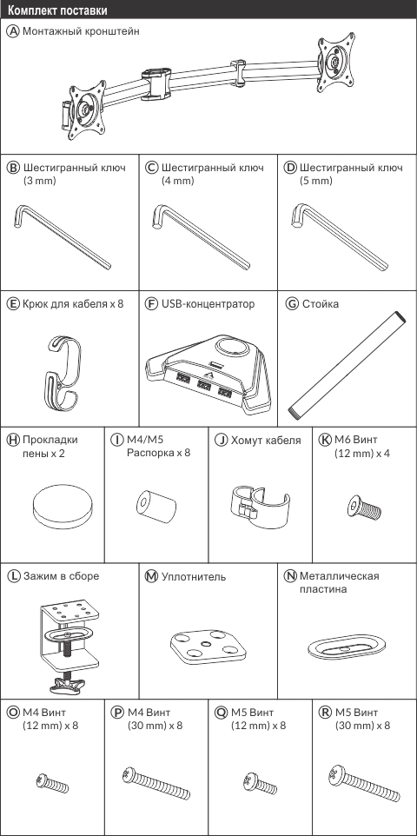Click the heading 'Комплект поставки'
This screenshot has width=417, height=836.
57,10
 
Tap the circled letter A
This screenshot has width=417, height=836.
14,31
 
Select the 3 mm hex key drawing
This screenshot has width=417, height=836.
63,236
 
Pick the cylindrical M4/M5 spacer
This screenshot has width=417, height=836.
156,507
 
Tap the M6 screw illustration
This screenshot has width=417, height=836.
364,507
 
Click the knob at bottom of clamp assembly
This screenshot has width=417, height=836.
68,684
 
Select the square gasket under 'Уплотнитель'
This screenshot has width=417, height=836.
208,647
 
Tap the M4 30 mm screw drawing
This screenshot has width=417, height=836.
156,783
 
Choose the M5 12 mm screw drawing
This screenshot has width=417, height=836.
260,783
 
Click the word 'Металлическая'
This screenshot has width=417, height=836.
339,576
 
